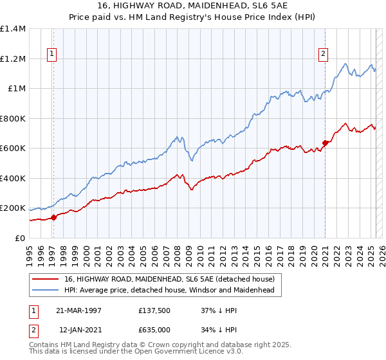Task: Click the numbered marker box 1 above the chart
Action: coord(51,55)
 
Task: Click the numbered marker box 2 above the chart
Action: coord(322,55)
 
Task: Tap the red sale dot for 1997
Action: coord(54,217)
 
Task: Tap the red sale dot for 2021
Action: coord(325,143)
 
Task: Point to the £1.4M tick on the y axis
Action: coord(13,29)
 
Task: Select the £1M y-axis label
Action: coord(16,89)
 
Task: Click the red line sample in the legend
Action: coord(46,279)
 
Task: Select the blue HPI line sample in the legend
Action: coord(46,291)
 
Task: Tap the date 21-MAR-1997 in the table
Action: coord(79,310)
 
